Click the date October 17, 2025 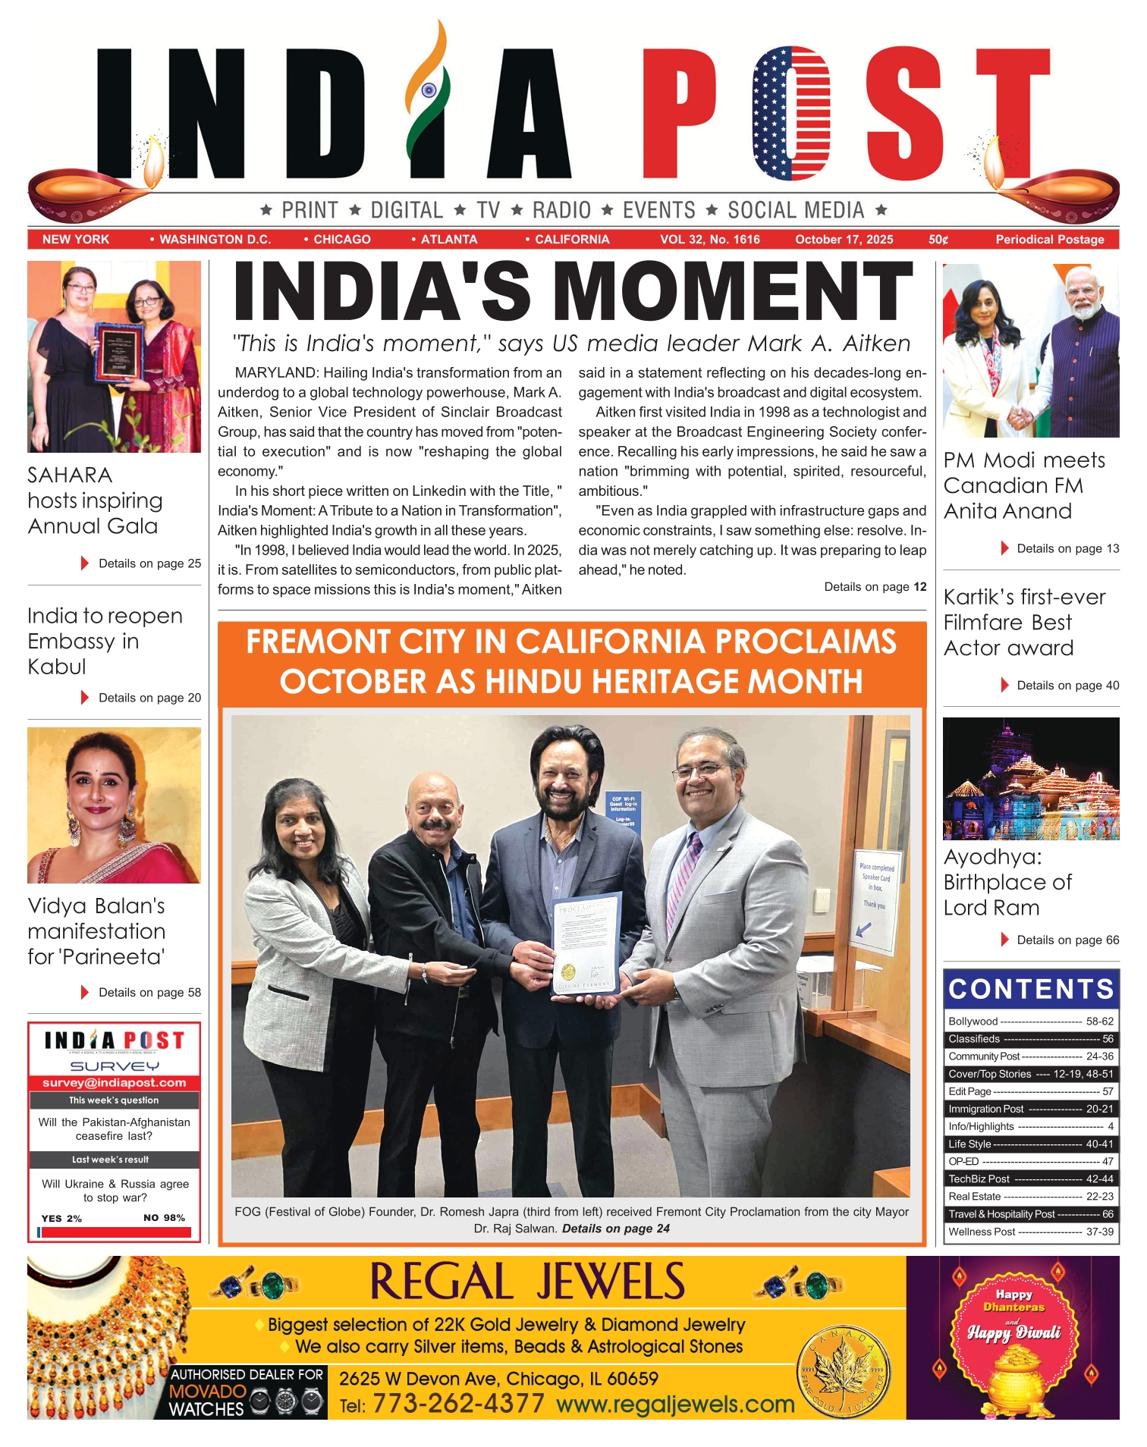(844, 240)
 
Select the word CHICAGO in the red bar (341, 240)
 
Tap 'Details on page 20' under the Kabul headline (149, 698)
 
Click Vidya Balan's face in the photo (99, 789)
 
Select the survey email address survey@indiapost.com (114, 1083)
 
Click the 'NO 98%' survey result (164, 1218)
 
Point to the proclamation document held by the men (586, 948)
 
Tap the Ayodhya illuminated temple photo (1031, 779)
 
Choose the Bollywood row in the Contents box (1031, 1022)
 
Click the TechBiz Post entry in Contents (1031, 1179)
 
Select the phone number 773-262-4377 (458, 1404)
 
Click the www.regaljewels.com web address (675, 1405)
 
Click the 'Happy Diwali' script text (1013, 1332)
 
